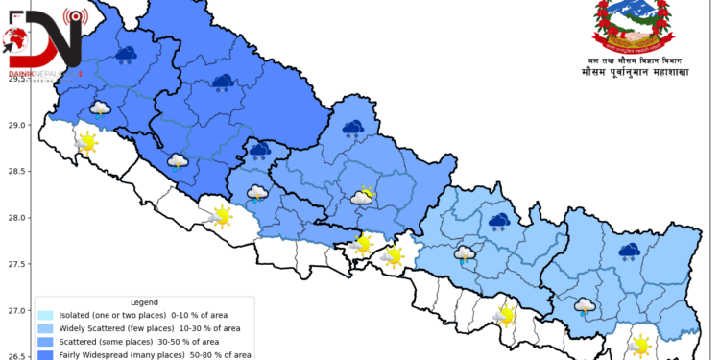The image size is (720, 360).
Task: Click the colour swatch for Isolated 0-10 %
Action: point(46,315)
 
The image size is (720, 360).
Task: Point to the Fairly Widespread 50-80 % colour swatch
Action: point(46,354)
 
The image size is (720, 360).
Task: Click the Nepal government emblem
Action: point(629,26)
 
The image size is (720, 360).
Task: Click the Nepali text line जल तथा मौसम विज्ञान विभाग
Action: point(630,59)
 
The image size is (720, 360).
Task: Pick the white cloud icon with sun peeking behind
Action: point(362,197)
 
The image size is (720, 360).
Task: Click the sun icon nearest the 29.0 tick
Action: point(86,143)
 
